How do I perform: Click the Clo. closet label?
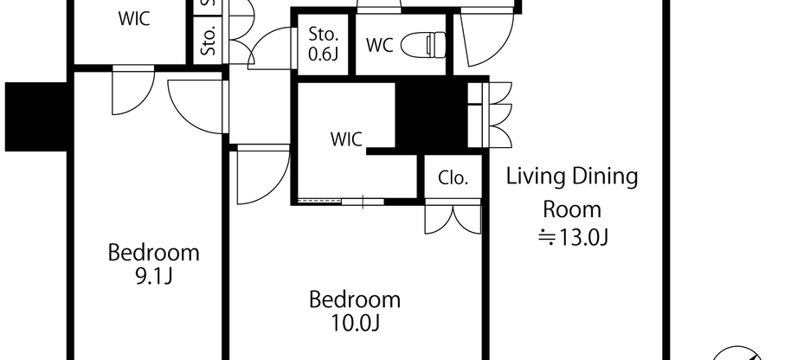click(x=453, y=178)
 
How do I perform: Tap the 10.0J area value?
click(x=355, y=323)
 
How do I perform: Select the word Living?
click(x=533, y=177)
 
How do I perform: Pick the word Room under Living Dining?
click(x=571, y=209)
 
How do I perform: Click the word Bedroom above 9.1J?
click(x=153, y=253)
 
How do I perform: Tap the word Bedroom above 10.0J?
click(x=355, y=299)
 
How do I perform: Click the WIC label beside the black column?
click(x=346, y=138)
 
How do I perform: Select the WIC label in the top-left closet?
click(x=134, y=18)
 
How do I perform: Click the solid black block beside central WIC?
click(x=430, y=115)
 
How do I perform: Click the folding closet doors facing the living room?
click(x=490, y=114)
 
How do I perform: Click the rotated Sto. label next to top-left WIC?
click(x=209, y=42)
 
